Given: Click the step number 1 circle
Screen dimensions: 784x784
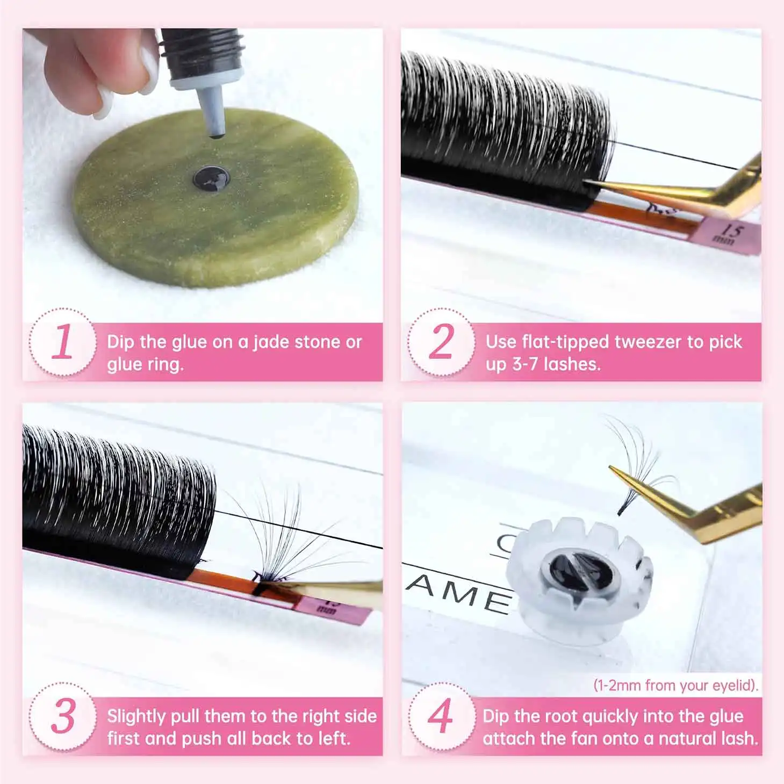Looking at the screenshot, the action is pyautogui.click(x=63, y=342).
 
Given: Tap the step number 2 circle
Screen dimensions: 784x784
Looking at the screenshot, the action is pyautogui.click(x=441, y=342).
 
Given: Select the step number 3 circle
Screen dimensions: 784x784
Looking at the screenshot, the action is pyautogui.click(x=63, y=716).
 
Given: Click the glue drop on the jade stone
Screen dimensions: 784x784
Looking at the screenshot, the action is pyautogui.click(x=211, y=178).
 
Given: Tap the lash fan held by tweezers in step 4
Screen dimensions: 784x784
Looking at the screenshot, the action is pyautogui.click(x=639, y=464).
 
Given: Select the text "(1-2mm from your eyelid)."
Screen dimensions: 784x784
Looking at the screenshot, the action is pyautogui.click(x=676, y=685).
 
